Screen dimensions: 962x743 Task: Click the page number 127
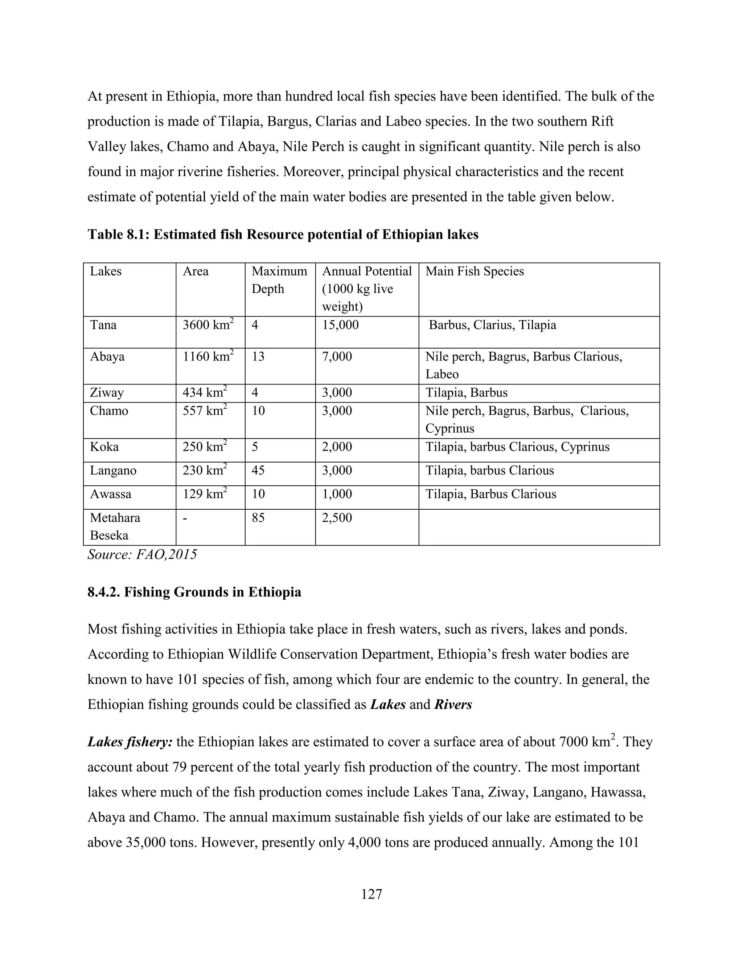(371, 894)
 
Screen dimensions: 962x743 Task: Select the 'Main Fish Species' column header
(475, 271)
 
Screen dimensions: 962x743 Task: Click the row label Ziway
(107, 392)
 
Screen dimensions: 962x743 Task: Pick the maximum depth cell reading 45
(258, 470)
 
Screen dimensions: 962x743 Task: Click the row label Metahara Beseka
(115, 526)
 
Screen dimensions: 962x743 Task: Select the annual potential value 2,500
(337, 518)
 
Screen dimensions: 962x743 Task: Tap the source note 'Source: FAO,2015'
(142, 555)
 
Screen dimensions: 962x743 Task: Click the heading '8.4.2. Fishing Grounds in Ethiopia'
(194, 592)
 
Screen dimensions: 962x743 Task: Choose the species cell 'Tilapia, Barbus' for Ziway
(466, 392)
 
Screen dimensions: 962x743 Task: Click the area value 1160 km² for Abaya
(208, 356)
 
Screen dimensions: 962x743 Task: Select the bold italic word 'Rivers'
(453, 704)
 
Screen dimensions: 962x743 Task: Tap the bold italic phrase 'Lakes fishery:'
(130, 742)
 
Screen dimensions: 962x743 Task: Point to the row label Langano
(113, 470)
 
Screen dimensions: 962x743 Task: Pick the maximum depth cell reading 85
(258, 518)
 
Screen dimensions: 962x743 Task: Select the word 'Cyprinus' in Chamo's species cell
(450, 429)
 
